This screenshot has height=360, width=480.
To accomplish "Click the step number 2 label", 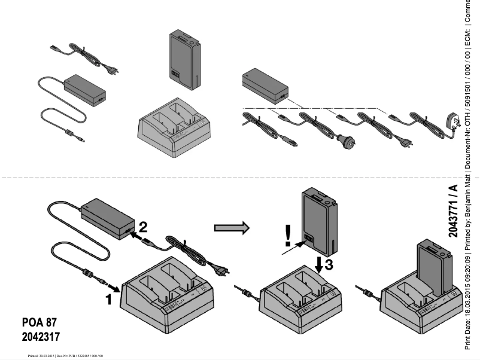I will click(144, 227).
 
